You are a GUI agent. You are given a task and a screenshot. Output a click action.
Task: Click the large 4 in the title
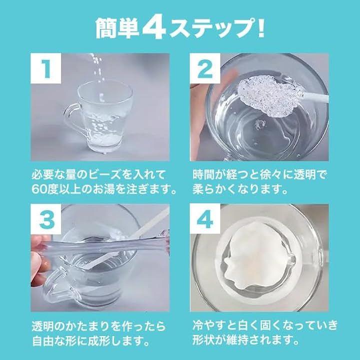click(154, 28)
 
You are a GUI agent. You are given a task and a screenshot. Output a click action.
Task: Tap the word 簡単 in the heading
click(117, 28)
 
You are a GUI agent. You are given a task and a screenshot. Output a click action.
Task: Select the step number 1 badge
click(45, 68)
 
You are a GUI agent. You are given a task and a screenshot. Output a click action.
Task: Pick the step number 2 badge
click(205, 68)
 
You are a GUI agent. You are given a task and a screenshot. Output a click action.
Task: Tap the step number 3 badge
click(46, 219)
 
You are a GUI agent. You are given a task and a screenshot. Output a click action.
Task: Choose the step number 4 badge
click(205, 219)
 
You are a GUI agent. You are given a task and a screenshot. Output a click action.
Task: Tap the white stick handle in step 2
click(314, 96)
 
